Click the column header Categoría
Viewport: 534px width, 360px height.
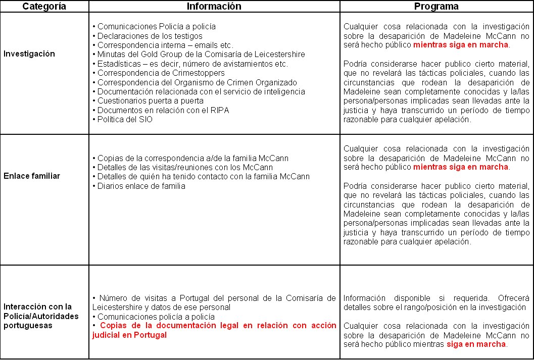[x=44, y=7]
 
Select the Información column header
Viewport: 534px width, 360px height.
[x=214, y=7]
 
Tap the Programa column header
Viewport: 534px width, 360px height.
[x=436, y=7]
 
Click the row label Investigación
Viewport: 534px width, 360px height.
[x=29, y=54]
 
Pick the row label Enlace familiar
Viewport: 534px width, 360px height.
[x=32, y=176]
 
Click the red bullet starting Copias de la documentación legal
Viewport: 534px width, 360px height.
[x=215, y=330]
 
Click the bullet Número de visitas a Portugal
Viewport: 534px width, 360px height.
[x=215, y=302]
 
